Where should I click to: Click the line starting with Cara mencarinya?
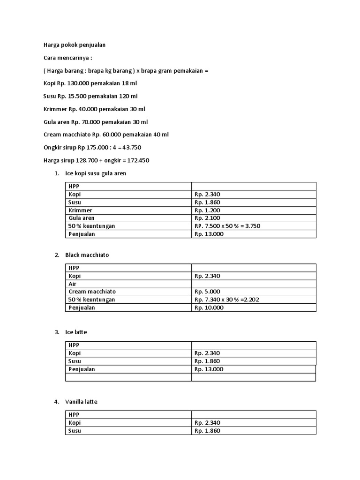[68, 58]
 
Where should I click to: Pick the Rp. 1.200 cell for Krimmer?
[207, 210]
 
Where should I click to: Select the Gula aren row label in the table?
[82, 218]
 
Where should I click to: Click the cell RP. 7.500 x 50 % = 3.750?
[227, 226]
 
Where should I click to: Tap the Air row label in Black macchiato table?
[73, 284]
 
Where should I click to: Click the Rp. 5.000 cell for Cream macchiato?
[207, 292]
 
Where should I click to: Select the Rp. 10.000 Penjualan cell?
[209, 307]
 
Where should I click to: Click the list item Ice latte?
[76, 332]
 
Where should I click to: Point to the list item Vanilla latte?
[82, 402]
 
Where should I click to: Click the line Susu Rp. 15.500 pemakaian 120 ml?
[90, 96]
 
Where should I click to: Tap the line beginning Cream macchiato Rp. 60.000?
[106, 135]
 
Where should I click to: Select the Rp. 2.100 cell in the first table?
[207, 218]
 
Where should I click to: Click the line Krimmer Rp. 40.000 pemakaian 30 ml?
[94, 109]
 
